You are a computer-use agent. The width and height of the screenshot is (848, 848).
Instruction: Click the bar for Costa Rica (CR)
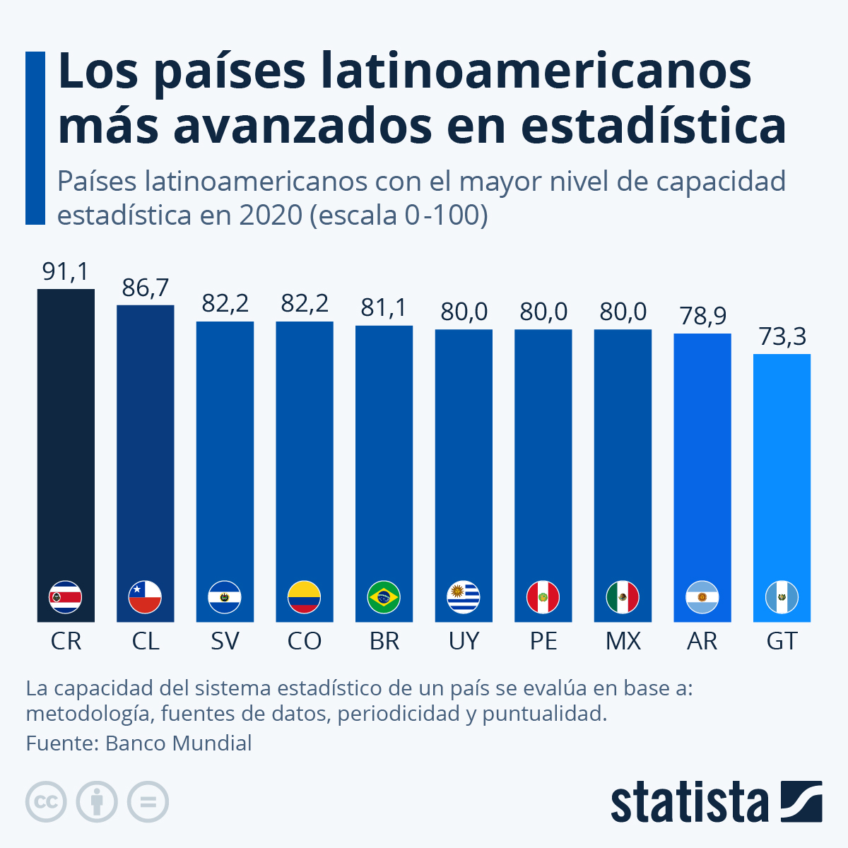click(66, 438)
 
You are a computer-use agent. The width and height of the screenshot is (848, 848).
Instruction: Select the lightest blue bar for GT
click(782, 466)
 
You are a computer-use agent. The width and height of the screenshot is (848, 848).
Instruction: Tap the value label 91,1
click(66, 271)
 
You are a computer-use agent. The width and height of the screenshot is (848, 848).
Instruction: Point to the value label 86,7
click(146, 288)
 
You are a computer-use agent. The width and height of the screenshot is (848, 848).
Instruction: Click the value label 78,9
click(702, 316)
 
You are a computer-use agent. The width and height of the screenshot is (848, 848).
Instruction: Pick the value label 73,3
click(782, 337)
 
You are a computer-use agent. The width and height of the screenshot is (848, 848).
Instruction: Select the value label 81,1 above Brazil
click(384, 308)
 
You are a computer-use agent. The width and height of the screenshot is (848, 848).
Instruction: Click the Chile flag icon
click(145, 597)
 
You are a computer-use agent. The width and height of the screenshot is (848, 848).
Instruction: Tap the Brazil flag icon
click(384, 597)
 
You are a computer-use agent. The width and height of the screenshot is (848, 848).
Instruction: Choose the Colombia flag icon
click(304, 597)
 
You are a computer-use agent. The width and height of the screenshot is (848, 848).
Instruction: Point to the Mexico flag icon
click(623, 597)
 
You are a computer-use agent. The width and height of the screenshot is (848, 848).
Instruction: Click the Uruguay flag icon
click(464, 597)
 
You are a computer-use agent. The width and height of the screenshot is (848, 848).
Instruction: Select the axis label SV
click(225, 641)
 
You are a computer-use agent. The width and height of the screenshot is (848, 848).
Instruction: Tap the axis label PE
click(543, 641)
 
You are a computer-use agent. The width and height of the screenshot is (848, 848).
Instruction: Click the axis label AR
click(702, 641)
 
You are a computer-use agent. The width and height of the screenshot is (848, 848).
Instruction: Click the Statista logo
click(716, 802)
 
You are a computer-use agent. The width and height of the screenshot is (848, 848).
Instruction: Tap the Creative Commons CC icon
click(46, 802)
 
